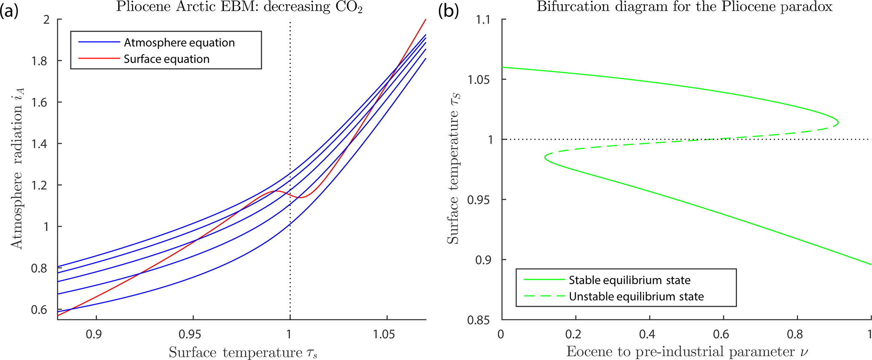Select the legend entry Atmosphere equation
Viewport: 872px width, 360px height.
point(179,43)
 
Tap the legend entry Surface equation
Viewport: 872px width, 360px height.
point(166,59)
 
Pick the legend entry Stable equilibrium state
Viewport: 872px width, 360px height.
point(629,280)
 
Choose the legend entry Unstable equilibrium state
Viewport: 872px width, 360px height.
point(636,297)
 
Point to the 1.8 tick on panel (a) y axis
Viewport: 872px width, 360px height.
point(40,61)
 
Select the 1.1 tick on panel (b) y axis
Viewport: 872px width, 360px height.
point(486,20)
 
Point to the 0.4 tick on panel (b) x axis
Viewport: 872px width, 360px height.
point(649,335)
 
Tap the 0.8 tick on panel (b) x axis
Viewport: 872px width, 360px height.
point(797,335)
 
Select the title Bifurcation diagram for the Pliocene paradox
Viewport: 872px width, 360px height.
point(684,7)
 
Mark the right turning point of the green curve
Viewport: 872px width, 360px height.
point(838,123)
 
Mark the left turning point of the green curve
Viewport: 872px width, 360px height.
point(545,157)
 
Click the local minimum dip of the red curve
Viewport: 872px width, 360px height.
point(301,198)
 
